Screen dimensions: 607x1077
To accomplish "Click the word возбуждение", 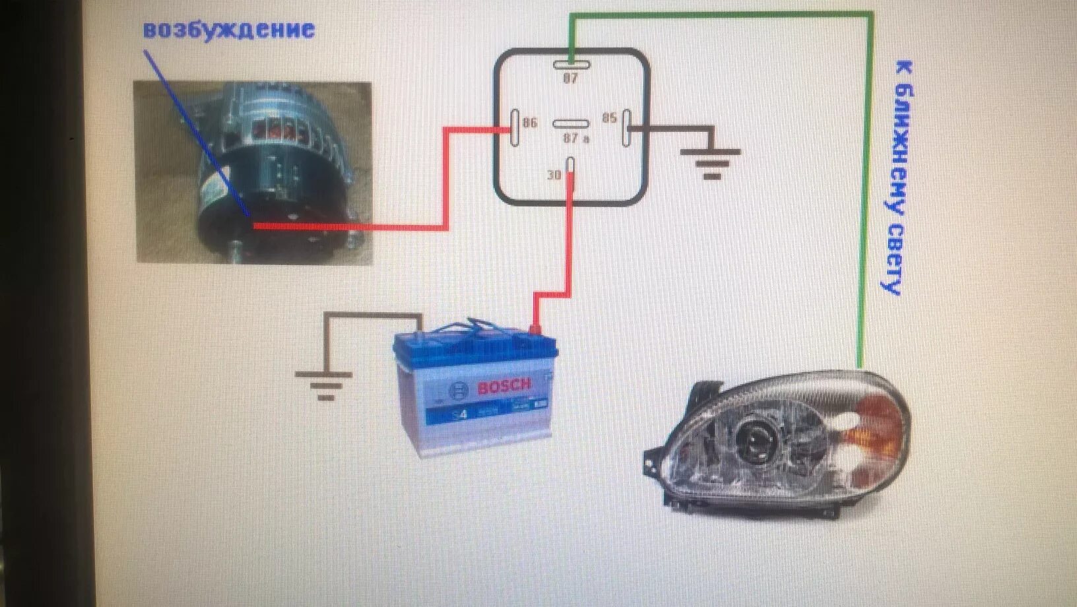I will tap(228, 30).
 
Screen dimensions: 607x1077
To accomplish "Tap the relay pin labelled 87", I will tap(571, 64).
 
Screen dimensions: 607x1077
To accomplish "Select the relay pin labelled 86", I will tap(514, 127).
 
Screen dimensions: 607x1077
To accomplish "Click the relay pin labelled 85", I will tap(626, 127).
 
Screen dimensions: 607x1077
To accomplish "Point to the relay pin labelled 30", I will tap(571, 170).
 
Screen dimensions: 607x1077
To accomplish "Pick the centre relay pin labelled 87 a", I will tap(571, 124).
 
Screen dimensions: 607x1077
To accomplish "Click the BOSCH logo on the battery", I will tap(504, 387).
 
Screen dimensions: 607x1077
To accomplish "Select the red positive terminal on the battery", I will tap(536, 328).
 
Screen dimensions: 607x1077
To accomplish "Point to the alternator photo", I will tap(254, 173).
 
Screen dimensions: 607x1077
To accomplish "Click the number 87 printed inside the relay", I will tap(570, 79).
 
